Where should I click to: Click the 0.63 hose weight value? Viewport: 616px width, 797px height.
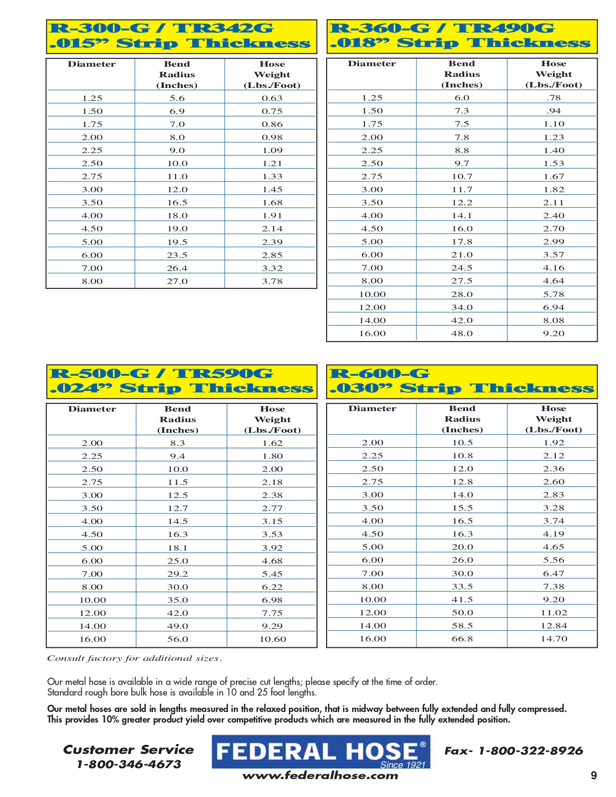272,98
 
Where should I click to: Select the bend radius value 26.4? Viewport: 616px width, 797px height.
177,268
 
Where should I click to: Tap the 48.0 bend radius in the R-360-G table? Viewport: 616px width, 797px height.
462,333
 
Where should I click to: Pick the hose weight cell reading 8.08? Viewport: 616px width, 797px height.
553,320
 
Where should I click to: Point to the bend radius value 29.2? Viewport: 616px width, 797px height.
177,574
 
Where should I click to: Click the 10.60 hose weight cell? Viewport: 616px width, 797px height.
272,639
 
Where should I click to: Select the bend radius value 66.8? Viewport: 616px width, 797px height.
462,639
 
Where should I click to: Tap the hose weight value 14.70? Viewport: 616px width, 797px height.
554,639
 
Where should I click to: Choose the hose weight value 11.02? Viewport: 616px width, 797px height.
554,612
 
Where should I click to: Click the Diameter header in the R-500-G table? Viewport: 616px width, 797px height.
92,409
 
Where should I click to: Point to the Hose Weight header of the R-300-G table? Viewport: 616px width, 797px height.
272,75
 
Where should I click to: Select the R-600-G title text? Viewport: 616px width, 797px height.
379,373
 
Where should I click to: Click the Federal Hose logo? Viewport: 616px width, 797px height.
321,752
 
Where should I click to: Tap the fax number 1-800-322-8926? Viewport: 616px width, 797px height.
530,751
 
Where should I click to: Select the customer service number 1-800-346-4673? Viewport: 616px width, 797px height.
129,765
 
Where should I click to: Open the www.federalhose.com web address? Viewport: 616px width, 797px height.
320,776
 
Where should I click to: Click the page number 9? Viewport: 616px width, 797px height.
594,776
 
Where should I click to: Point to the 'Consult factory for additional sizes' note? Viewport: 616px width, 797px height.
134,658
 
